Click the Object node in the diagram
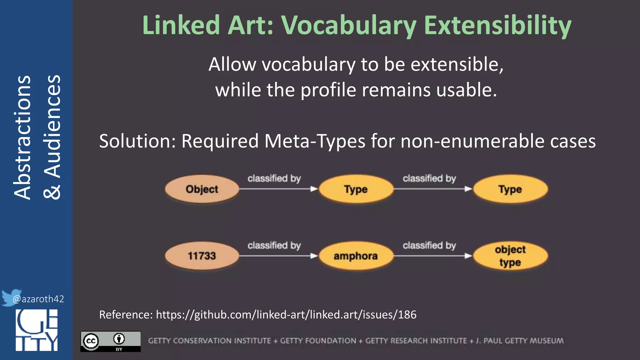tap(202, 189)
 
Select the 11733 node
tap(202, 256)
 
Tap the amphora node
tap(356, 256)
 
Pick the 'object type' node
tap(510, 256)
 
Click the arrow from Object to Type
tap(278, 189)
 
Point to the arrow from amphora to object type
tap(432, 256)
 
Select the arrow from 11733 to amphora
tap(278, 256)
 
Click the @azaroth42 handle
tap(38, 299)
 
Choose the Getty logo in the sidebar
tap(37, 330)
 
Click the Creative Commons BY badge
tap(111, 341)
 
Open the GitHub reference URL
tap(286, 314)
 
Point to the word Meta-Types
tap(315, 141)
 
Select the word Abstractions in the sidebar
tap(22, 137)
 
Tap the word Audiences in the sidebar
tap(52, 127)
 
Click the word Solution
tap(137, 141)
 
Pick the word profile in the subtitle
tap(328, 90)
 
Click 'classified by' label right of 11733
tap(274, 246)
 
